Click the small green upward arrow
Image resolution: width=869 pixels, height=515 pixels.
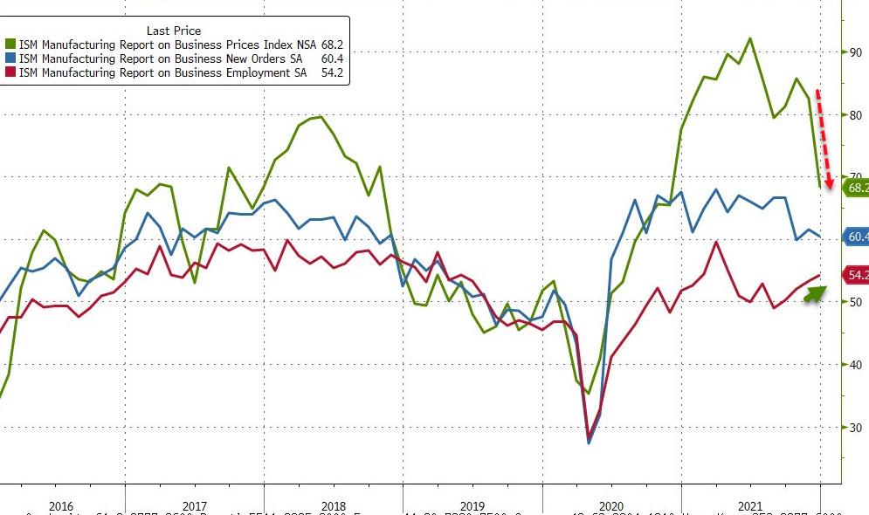click(814, 292)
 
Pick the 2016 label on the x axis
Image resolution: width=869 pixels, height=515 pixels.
click(60, 506)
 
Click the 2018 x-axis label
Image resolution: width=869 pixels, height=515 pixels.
click(333, 506)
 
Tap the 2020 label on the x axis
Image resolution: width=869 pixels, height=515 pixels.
click(610, 506)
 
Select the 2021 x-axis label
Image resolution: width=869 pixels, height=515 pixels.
click(748, 506)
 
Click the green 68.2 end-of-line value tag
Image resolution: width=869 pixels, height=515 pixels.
click(856, 188)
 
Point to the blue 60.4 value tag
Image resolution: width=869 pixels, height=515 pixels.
click(856, 237)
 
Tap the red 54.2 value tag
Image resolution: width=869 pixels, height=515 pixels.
click(856, 276)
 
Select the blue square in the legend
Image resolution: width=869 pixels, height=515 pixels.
click(10, 58)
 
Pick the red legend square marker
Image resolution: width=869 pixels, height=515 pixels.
click(10, 72)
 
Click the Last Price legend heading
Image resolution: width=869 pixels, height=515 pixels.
click(174, 31)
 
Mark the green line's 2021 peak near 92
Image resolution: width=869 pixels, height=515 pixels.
click(750, 38)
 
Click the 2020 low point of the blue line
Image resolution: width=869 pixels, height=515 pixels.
click(588, 443)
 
